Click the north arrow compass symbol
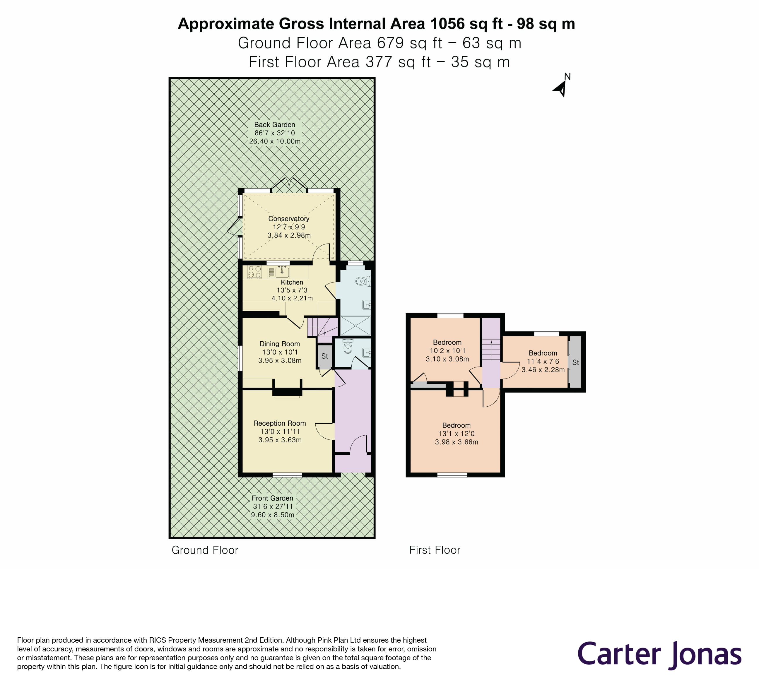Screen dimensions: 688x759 pos(560,89)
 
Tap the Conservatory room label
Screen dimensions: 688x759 pos(289,219)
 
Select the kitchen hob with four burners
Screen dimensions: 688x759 pos(254,272)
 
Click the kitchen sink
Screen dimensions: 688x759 pos(282,271)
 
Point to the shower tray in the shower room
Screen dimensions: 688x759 pos(355,326)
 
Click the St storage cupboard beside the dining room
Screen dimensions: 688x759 pos(324,356)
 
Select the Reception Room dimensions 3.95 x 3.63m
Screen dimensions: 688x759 pos(280,440)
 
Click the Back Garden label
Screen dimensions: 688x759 pos(274,125)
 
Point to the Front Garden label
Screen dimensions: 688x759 pos(272,498)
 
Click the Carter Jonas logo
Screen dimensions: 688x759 pos(659,654)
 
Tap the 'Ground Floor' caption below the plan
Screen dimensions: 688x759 pos(205,550)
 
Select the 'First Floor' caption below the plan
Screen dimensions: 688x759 pos(435,550)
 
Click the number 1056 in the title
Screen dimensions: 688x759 pos(447,24)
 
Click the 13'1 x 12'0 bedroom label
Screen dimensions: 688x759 pos(456,425)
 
